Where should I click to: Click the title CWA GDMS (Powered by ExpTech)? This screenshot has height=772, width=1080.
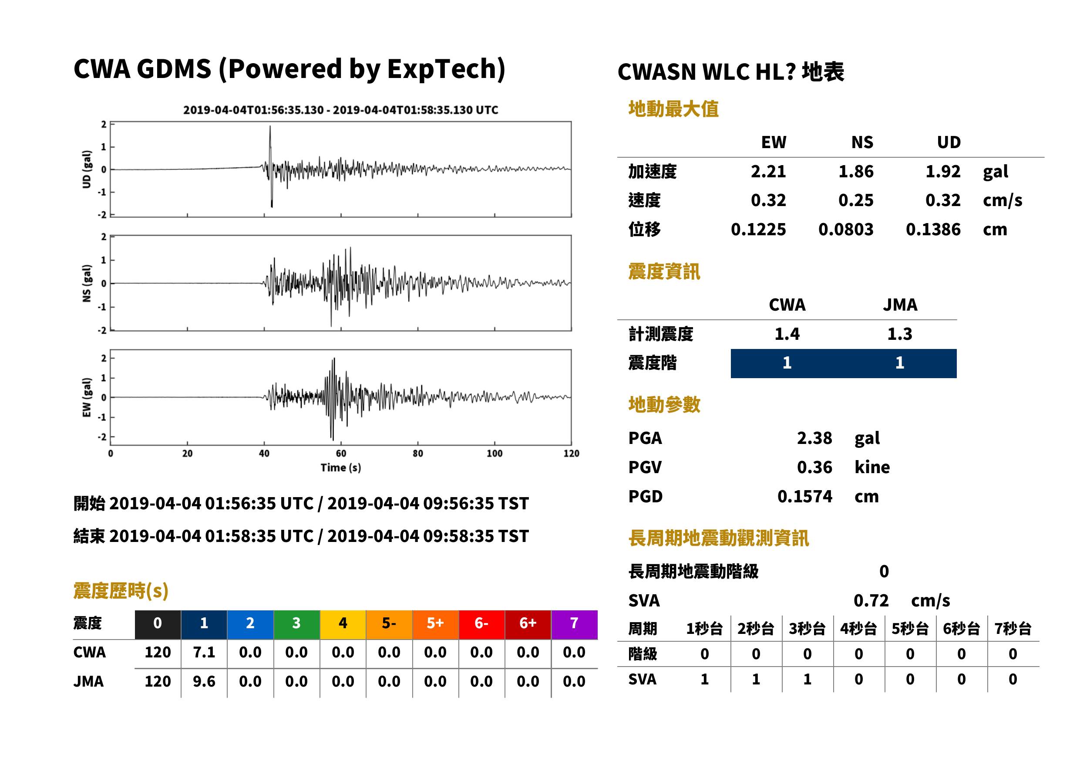289,69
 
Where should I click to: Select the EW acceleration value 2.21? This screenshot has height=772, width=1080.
768,171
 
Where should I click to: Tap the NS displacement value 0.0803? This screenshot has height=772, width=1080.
845,230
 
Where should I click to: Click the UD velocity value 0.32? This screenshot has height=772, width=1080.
943,200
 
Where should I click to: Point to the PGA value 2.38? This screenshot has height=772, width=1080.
814,438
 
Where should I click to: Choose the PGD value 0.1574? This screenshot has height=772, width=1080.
804,496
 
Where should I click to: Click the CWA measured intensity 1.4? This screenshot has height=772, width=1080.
787,334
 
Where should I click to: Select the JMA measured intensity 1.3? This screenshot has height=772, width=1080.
899,334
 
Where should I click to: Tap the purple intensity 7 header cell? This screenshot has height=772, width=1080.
574,624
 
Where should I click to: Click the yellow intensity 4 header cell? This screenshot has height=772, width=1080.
343,624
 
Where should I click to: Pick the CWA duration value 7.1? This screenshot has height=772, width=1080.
204,652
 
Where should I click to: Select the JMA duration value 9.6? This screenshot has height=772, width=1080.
204,682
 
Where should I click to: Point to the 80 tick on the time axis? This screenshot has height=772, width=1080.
417,454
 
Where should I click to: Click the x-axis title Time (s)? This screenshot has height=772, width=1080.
340,468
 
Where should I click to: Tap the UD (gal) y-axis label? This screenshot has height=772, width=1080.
87,169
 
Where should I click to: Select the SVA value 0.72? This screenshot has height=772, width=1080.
871,600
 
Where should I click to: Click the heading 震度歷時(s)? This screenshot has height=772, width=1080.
121,591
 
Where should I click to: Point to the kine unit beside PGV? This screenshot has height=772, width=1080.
872,467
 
